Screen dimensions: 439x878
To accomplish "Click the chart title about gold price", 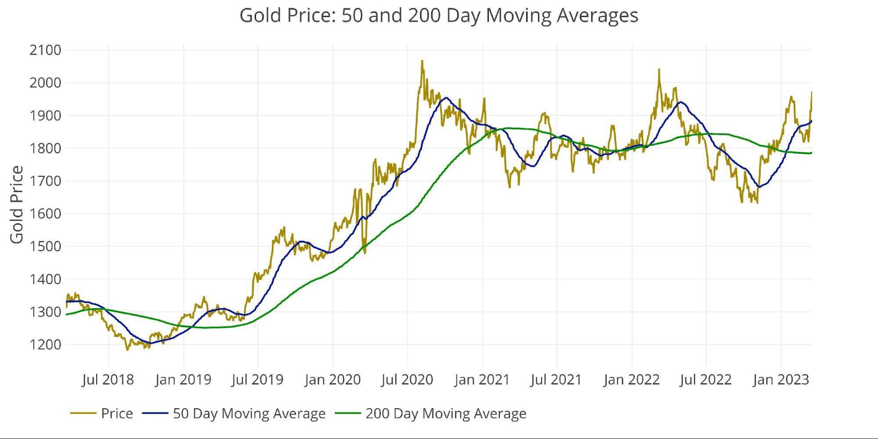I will coord(438,15).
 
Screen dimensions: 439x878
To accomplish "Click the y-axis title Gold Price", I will coord(17,205).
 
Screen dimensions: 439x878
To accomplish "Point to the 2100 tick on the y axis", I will coord(45,50).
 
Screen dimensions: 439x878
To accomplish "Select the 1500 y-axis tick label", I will coord(45,246).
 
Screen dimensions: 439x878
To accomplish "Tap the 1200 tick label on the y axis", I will coord(45,345).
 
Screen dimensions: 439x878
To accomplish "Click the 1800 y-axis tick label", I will coord(45,148).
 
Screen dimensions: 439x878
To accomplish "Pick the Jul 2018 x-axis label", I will coord(108,379).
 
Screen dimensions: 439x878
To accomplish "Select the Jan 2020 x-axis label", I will coord(332,379).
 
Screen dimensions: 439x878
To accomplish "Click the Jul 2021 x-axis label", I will coord(556,379).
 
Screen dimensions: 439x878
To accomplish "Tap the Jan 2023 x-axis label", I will coord(781,379).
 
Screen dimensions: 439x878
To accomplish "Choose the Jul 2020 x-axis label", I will coord(407,379).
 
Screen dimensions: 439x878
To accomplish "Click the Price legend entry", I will coord(116,414).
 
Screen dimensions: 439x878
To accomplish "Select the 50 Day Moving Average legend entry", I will coord(249,414).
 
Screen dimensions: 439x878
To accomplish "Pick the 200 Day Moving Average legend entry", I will coord(445,414).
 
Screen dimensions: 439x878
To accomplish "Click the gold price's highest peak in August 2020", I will coord(422,61).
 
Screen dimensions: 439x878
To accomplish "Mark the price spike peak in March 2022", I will coord(659,69).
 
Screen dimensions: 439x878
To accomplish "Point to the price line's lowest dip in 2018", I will coord(128,350).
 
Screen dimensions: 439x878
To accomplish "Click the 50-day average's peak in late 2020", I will coord(446,97).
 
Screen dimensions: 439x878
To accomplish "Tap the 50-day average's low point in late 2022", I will coord(758,187).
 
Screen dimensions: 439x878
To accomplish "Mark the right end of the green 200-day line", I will coord(811,153).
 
